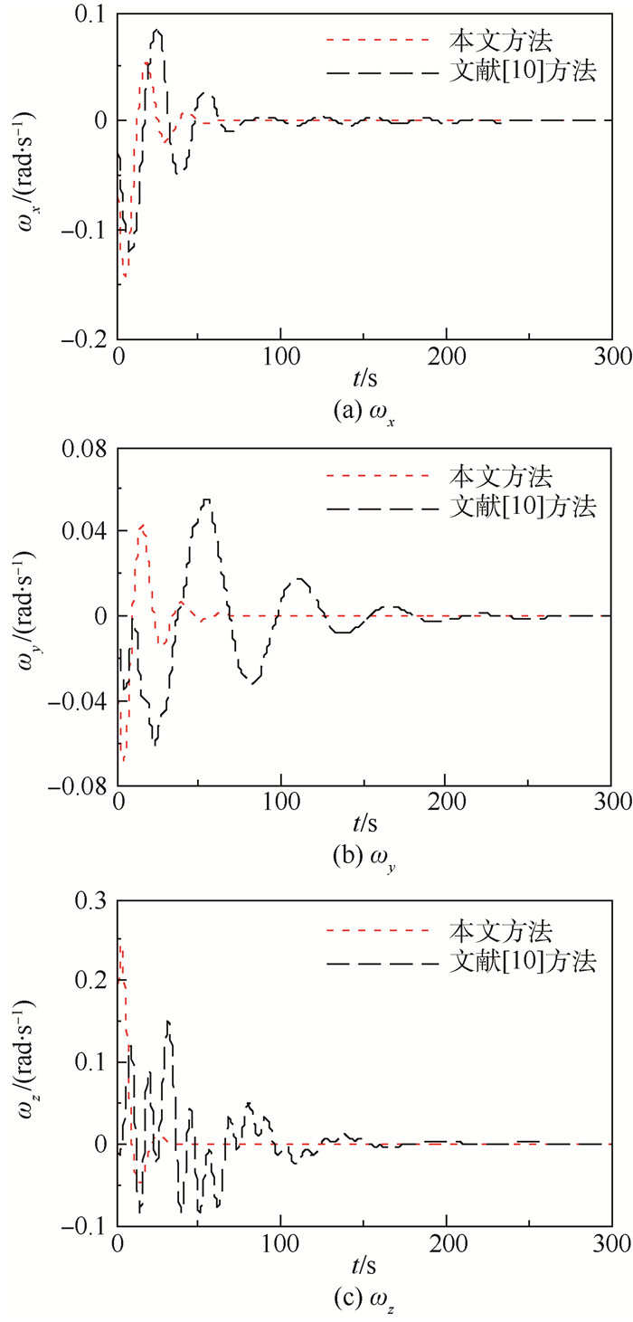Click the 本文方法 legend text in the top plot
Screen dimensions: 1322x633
coord(500,40)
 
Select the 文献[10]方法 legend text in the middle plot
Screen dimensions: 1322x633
coord(522,507)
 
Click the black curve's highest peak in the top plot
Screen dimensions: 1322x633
coord(157,31)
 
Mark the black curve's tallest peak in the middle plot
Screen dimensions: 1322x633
coord(207,499)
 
